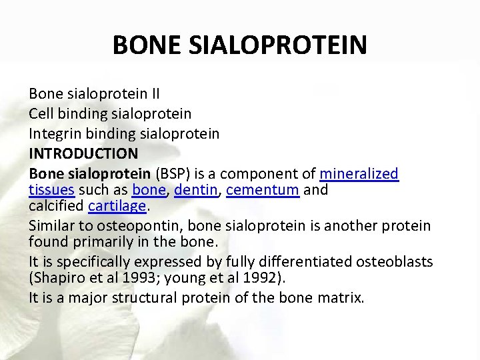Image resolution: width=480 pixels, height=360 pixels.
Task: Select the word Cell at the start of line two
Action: [x=41, y=115]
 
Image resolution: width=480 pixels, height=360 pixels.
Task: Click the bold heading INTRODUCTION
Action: [x=83, y=153]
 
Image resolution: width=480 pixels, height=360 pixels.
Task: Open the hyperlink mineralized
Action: [x=359, y=174]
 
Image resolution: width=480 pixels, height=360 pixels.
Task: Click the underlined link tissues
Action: [x=51, y=190]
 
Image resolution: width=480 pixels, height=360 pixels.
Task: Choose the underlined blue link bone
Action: [x=149, y=190]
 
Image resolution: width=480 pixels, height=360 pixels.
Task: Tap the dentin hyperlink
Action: [x=196, y=190]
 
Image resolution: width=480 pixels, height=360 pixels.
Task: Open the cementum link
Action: [x=263, y=190]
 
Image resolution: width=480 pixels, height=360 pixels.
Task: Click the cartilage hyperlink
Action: [x=117, y=206]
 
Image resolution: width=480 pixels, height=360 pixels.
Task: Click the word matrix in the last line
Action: [x=340, y=297]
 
